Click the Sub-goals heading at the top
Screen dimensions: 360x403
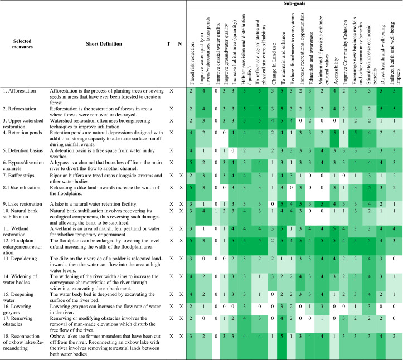(x=294, y=4)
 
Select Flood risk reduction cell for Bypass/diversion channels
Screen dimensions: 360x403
(x=191, y=162)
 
